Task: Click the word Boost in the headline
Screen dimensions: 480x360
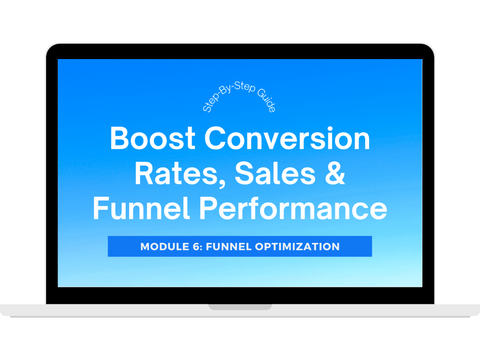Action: click(x=153, y=138)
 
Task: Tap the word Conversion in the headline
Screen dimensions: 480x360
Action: click(x=287, y=138)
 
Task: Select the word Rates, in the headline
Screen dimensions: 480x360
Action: click(x=180, y=174)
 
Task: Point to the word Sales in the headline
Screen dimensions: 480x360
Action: click(x=275, y=174)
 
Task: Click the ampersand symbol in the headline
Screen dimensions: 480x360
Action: click(x=335, y=174)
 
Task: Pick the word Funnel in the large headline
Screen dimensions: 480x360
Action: click(x=141, y=208)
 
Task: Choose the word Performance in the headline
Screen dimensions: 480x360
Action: click(x=293, y=208)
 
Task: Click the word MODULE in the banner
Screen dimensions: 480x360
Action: click(x=165, y=246)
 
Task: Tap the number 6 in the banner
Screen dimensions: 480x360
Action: click(x=196, y=246)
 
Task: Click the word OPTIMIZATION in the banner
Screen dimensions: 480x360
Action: click(x=297, y=246)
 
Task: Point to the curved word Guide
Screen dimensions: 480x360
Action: click(x=266, y=100)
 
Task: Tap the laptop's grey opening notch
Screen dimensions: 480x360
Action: click(x=240, y=307)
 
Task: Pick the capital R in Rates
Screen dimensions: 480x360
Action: click(x=144, y=174)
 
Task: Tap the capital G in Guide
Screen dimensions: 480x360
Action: click(x=261, y=93)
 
